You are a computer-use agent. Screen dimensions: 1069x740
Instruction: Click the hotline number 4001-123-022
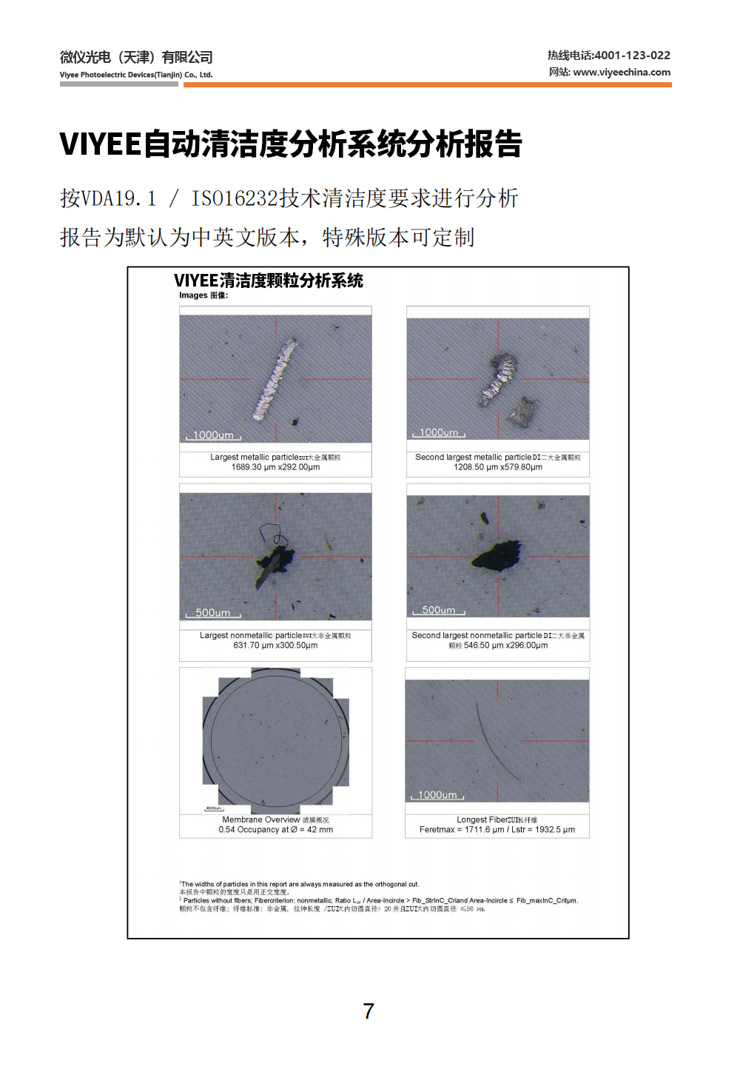(x=632, y=56)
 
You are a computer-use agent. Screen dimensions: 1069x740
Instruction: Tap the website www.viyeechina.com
(x=622, y=73)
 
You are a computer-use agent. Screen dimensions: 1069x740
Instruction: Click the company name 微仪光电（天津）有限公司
(x=136, y=58)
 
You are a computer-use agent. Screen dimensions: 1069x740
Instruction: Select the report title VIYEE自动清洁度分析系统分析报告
(x=291, y=144)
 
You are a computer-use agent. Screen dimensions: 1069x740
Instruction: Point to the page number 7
(x=369, y=1011)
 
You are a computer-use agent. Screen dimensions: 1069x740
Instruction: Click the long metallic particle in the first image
(x=275, y=379)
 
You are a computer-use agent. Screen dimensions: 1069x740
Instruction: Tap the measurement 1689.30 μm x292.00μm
(x=275, y=467)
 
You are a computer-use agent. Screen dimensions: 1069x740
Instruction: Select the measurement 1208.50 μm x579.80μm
(x=498, y=467)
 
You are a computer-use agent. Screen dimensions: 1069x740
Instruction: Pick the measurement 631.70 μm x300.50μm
(x=275, y=646)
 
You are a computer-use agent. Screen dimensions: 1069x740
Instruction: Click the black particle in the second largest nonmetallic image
(x=497, y=555)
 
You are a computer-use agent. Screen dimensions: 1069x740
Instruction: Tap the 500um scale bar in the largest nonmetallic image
(x=213, y=613)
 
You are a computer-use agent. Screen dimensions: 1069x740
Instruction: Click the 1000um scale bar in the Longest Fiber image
(x=437, y=795)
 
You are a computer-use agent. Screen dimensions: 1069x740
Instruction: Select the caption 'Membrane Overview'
(x=261, y=820)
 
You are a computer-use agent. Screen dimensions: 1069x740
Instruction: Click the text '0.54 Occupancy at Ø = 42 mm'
(x=275, y=830)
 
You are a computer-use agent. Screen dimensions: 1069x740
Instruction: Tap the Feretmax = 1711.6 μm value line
(x=497, y=830)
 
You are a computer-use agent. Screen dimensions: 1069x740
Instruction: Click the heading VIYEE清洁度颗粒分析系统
(x=269, y=281)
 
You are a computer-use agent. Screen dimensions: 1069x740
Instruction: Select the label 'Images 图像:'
(x=203, y=295)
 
